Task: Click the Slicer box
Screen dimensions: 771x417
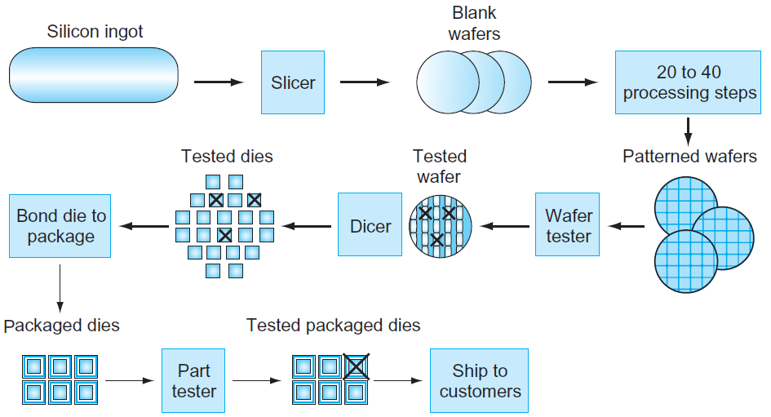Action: pos(293,82)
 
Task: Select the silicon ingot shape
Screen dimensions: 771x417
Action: pos(94,75)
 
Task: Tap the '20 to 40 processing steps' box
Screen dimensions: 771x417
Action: pos(688,82)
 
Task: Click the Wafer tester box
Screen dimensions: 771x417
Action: pos(567,224)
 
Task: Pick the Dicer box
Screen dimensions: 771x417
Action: pos(370,224)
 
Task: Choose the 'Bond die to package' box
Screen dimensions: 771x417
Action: pos(60,226)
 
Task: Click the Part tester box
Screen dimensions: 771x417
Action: pos(193,380)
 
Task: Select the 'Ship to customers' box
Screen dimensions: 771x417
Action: pos(480,380)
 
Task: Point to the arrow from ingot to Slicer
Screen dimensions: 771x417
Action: pos(219,82)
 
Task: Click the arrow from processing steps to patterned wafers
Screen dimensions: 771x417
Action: pos(688,131)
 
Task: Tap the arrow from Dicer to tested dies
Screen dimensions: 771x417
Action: pos(306,226)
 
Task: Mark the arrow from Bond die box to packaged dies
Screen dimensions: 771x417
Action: pos(60,289)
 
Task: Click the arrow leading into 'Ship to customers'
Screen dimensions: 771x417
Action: pos(398,380)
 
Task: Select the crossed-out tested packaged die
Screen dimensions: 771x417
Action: pos(356,366)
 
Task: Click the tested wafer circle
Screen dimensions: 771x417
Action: pos(441,226)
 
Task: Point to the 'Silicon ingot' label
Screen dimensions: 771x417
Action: pos(95,32)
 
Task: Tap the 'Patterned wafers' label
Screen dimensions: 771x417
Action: pos(689,156)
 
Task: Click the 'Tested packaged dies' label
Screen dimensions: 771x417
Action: pos(334,325)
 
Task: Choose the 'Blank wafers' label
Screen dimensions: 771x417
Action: pos(475,23)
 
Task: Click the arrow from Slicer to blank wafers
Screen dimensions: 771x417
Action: pos(365,82)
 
